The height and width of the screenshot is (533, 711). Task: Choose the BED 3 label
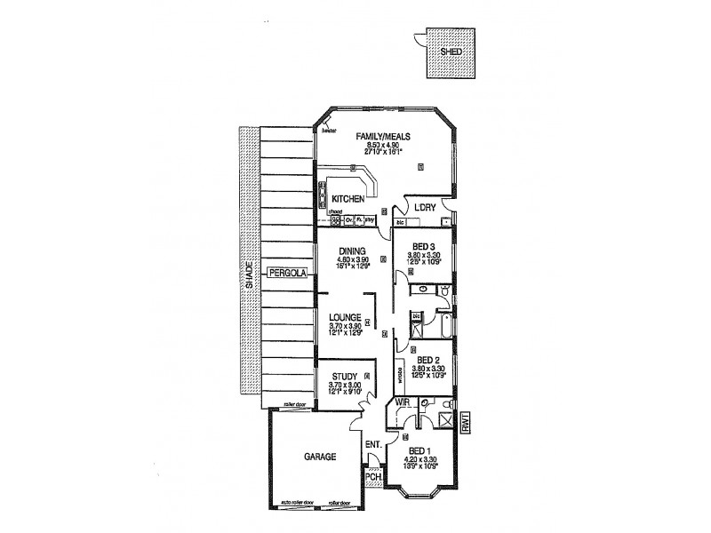coord(424,247)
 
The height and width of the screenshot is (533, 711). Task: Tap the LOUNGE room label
coord(344,316)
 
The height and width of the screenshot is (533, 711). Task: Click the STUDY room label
coord(344,376)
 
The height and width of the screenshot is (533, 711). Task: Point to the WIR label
coord(402,403)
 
